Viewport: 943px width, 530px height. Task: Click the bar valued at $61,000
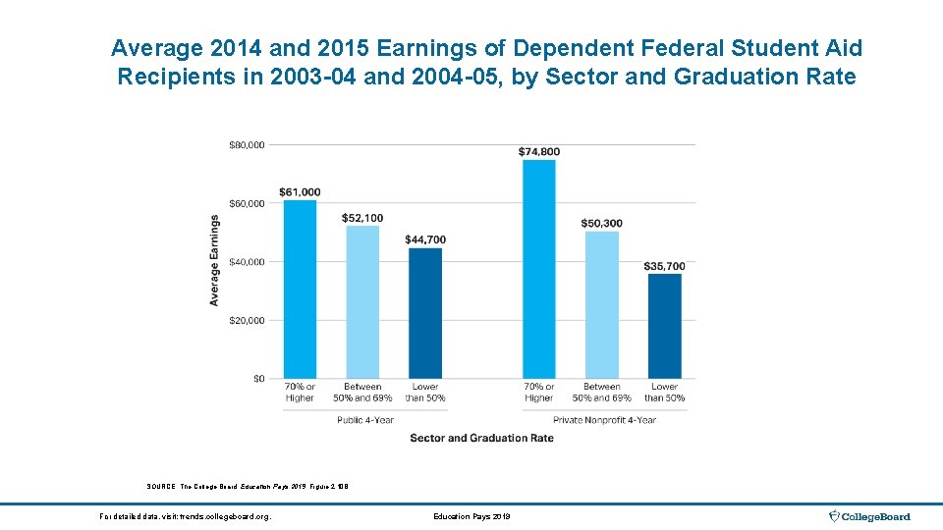(300, 290)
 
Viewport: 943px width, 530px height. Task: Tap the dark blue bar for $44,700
(425, 313)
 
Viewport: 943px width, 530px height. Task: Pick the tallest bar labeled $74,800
(538, 269)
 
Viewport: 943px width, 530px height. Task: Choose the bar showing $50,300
(601, 305)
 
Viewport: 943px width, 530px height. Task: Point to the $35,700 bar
(665, 326)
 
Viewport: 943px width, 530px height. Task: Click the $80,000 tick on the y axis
(246, 145)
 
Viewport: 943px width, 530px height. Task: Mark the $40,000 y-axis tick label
(246, 262)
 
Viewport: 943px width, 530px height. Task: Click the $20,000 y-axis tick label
(246, 321)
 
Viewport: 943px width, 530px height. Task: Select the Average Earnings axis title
(214, 260)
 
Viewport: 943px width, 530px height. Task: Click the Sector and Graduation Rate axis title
(481, 438)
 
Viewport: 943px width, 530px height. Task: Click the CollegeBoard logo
(870, 516)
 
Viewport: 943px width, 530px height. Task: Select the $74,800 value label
(538, 151)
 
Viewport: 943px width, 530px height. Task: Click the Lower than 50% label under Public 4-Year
(425, 393)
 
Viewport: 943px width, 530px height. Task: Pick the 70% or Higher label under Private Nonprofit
(538, 393)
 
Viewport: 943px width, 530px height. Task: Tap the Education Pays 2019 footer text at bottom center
(471, 516)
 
